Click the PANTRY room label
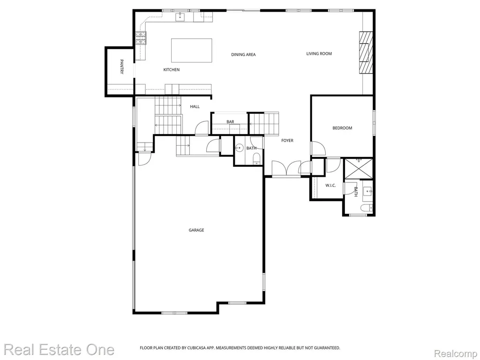coord(121,67)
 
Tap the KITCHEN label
coord(172,70)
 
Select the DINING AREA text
coord(243,54)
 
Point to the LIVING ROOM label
coord(319,53)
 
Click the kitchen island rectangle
coord(192,51)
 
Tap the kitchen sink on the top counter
coord(180,17)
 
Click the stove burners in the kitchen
coord(141,38)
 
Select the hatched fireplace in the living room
coord(366,52)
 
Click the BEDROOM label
coord(342,128)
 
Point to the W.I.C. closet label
coord(330,186)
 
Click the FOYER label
coord(287,141)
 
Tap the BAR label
coord(230,122)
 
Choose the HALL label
coord(195,106)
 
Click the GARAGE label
coord(196,230)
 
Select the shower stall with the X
coord(359,168)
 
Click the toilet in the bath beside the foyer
coord(256,159)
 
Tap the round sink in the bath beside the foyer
coord(239,148)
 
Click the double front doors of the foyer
coord(286,168)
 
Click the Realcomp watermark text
coord(456,354)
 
